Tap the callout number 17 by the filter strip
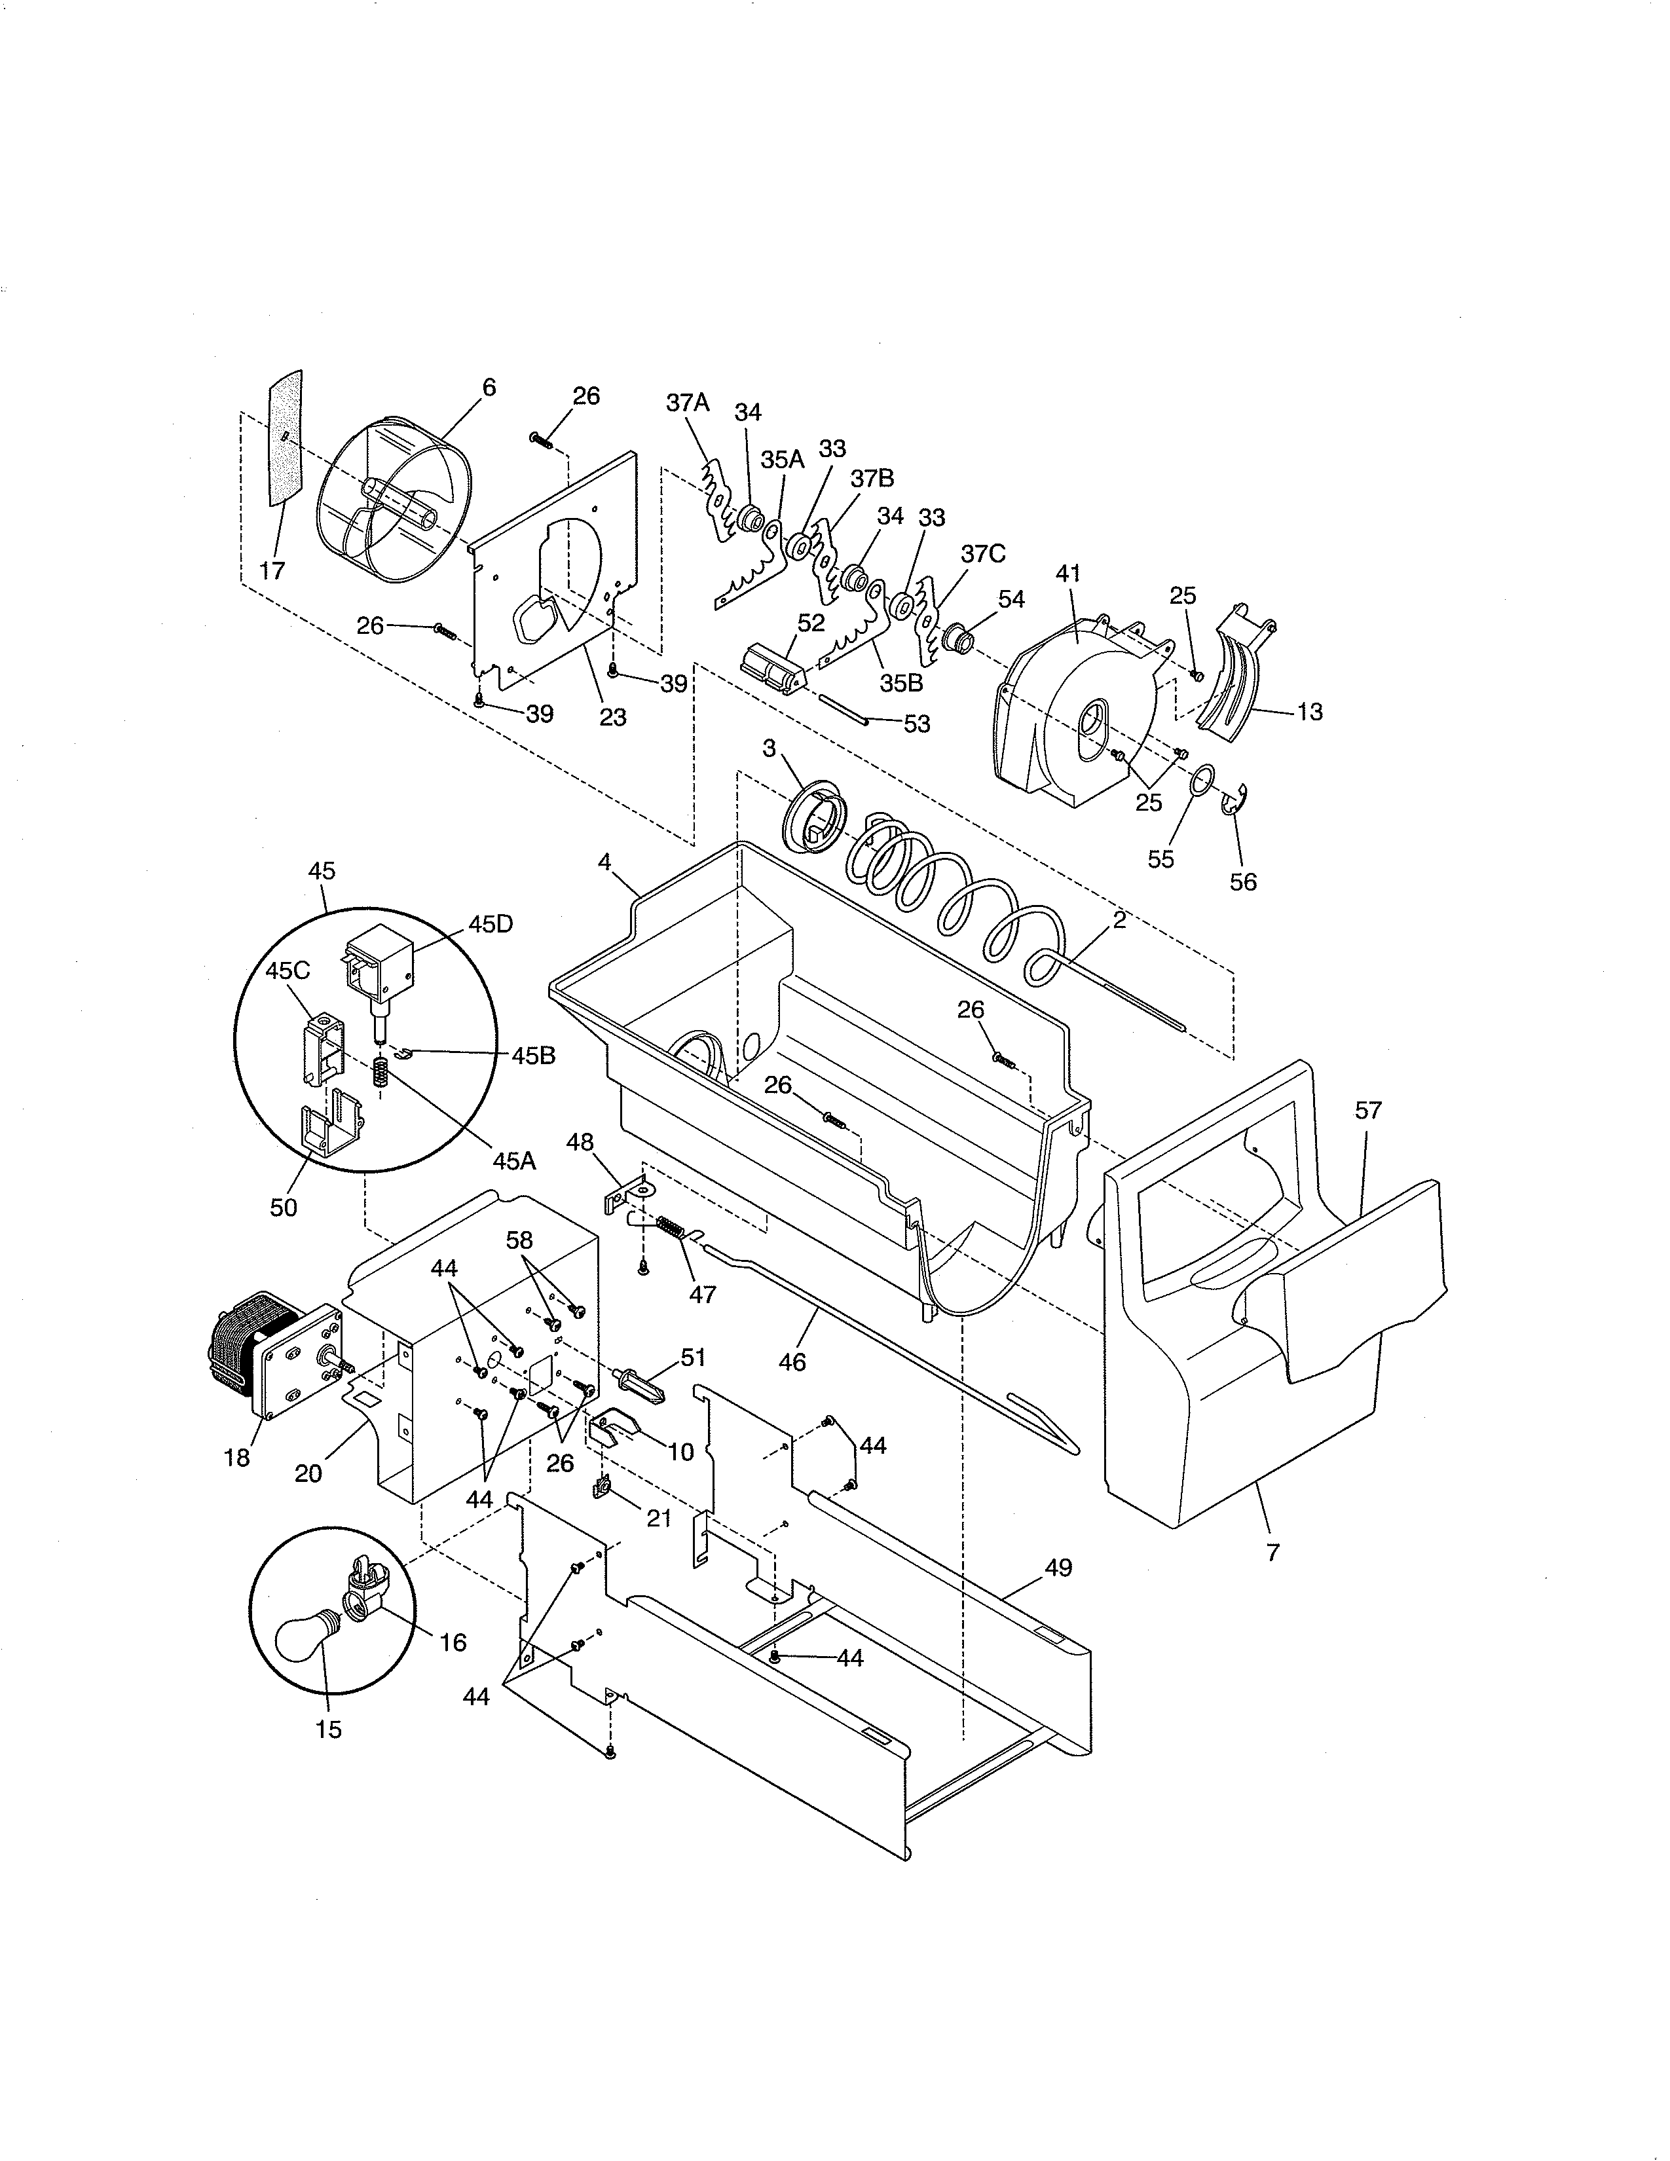272,571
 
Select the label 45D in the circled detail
491,924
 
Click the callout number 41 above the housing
1069,574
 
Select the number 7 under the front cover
1272,1553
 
